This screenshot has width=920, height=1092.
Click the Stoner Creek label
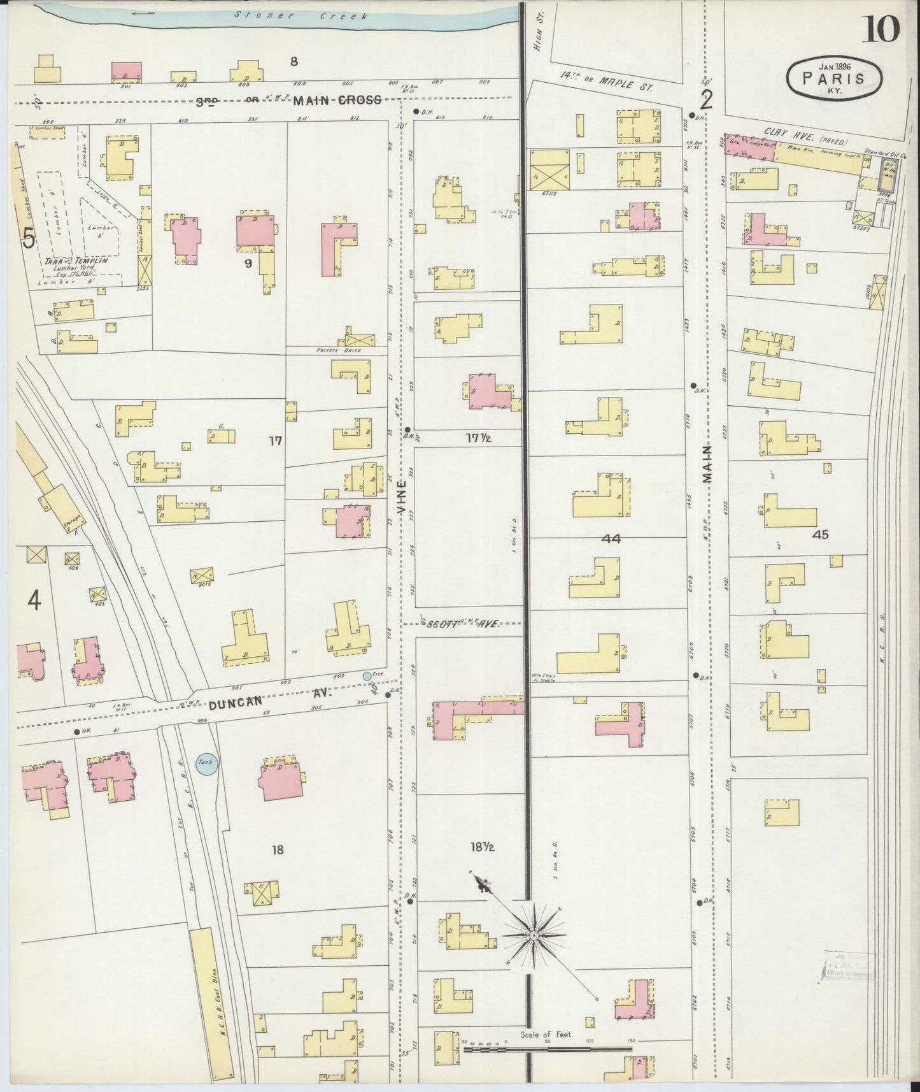point(300,15)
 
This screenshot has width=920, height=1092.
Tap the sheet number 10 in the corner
point(881,29)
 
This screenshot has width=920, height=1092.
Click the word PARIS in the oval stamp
point(833,79)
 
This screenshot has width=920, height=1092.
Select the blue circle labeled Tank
point(206,763)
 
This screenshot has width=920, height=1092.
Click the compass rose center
point(533,935)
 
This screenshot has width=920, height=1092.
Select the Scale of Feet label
point(546,1035)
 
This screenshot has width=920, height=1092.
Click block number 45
point(821,535)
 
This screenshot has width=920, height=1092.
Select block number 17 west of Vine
point(275,440)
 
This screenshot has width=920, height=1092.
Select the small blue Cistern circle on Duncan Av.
point(367,675)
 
